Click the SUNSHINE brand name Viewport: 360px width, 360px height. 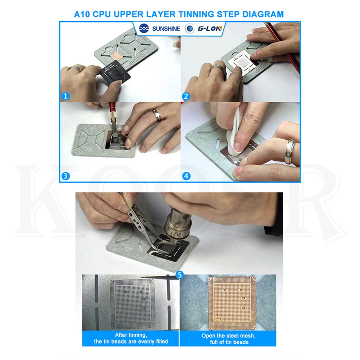click(166, 29)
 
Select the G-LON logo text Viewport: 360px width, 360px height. click(210, 29)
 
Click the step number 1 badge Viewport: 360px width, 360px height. click(66, 96)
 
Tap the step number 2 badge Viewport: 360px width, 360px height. click(186, 96)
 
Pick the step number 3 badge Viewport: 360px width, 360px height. click(66, 176)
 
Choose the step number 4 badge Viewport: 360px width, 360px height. click(186, 176)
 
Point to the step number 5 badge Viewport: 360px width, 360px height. click(180, 275)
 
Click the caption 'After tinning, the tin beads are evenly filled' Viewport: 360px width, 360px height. click(131, 338)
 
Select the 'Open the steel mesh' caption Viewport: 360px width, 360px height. click(229, 336)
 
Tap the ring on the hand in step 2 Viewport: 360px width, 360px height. click(218, 68)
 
